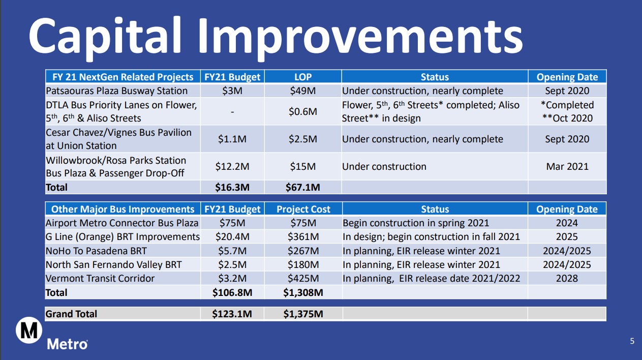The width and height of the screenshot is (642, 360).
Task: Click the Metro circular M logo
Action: [x=29, y=330]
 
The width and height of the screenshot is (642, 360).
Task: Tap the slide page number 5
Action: [x=632, y=341]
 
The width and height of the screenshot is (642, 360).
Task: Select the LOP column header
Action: [x=303, y=77]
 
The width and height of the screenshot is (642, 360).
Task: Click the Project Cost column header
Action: [x=303, y=209]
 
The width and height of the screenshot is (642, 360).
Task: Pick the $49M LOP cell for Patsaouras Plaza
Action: [x=303, y=91]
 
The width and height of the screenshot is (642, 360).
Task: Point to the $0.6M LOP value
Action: [x=303, y=111]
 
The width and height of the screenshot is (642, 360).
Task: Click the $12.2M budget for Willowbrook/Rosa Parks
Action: [x=232, y=167]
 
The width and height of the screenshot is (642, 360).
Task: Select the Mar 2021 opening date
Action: [x=567, y=167]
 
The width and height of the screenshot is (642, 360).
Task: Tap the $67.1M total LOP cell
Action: [x=303, y=188]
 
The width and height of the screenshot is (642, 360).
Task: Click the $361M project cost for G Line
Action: [x=303, y=237]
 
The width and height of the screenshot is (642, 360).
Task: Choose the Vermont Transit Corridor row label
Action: [x=100, y=279]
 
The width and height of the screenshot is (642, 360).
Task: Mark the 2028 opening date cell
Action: [x=567, y=279]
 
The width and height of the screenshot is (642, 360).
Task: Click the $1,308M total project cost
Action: [x=303, y=293]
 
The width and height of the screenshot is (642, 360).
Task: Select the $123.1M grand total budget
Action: [x=232, y=314]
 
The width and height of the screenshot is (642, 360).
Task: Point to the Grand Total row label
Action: [x=71, y=314]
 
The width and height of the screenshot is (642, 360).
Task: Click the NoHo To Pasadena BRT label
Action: [x=96, y=251]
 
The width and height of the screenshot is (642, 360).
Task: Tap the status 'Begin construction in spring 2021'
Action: [x=416, y=223]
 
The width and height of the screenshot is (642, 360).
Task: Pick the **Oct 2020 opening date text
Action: [x=567, y=118]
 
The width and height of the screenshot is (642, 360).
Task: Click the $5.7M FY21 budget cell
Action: [x=232, y=251]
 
